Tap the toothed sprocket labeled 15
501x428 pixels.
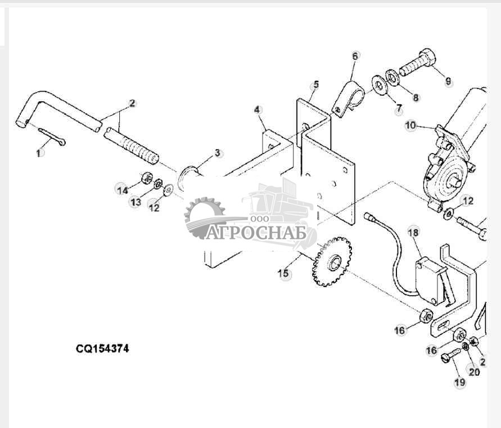332,262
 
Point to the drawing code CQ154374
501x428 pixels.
102,348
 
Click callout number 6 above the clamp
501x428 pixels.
355,56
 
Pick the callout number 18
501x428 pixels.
413,232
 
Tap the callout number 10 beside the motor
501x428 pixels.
411,125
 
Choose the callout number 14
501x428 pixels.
123,191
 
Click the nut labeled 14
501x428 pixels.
146,178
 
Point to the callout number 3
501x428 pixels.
217,153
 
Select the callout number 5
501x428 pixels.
315,84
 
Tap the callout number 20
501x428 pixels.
474,372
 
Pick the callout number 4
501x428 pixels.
258,110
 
